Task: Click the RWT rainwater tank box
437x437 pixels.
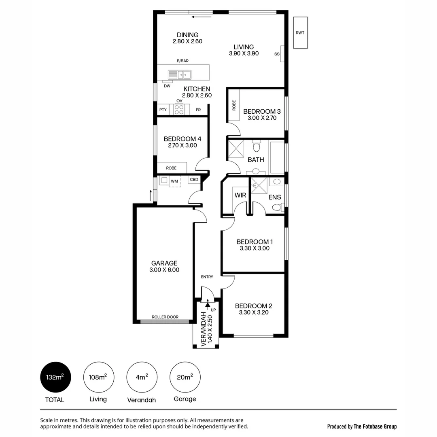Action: point(300,33)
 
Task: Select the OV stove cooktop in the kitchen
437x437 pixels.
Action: point(179,109)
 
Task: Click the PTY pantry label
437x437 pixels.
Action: point(163,110)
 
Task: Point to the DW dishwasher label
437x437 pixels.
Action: point(167,86)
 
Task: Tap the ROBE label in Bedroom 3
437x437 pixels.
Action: point(234,105)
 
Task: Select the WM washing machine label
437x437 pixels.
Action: point(174,181)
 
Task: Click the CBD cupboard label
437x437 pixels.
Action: point(194,180)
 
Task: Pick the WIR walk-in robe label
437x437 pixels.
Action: point(240,195)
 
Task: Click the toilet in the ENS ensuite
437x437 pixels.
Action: point(277,208)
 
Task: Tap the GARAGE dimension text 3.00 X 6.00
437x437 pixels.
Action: point(164,270)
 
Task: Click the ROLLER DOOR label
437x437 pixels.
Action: point(165,317)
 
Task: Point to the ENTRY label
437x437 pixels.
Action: point(207,277)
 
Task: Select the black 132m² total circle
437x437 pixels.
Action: point(54,377)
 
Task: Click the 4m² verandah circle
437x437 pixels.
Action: point(142,377)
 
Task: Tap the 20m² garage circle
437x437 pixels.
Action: point(185,377)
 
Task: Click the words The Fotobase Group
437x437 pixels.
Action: point(375,426)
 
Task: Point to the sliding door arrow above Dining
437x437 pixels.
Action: point(202,17)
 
